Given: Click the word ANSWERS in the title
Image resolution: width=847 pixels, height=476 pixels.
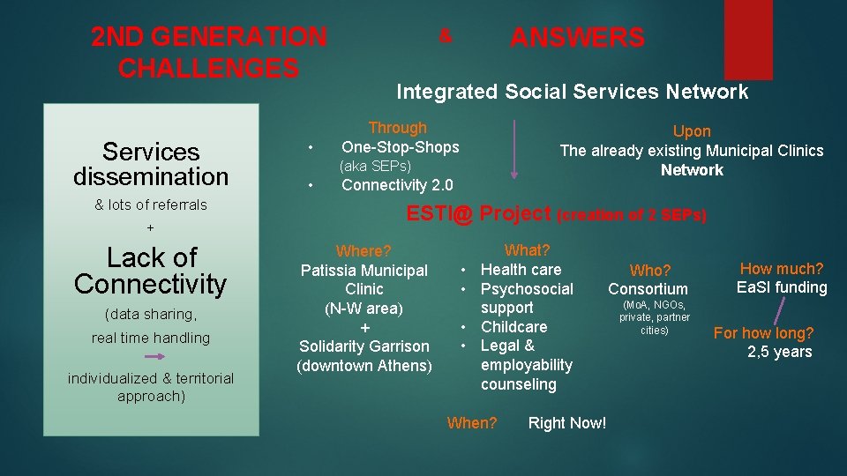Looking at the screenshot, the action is pos(577,38).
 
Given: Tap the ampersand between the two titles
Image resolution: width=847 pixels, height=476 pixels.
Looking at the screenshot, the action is pos(446,36).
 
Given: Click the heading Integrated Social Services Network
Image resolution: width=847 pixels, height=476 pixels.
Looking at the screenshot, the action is pos(572,92).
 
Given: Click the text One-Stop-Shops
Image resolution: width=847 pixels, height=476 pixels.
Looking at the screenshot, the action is pos(400,147).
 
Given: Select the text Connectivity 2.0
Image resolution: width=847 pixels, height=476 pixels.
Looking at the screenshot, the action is pos(397,185).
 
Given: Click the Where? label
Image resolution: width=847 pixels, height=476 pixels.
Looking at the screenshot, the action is pos(364,252).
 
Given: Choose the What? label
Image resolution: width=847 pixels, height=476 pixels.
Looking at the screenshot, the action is pos(527,250).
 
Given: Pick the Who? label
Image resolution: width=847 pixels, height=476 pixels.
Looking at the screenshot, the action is pos(650,271).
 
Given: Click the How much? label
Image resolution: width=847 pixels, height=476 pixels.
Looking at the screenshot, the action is pos(782,269).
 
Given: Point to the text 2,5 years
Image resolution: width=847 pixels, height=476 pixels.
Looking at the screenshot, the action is pos(779,353).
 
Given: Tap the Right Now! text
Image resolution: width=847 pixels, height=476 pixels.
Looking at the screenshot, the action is pos(566,423).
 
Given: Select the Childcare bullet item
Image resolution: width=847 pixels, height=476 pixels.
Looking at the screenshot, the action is pos(513,327).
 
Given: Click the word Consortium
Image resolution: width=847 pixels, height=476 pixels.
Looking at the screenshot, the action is pos(648,289).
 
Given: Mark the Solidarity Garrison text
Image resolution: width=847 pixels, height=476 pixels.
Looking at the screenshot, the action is pos(364,346).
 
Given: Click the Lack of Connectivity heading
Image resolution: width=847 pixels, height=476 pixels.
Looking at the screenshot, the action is pos(151,271).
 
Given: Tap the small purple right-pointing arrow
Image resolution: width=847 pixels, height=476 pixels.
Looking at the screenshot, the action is pos(151,357).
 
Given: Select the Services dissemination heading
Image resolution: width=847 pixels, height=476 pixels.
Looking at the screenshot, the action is pos(151,164).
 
